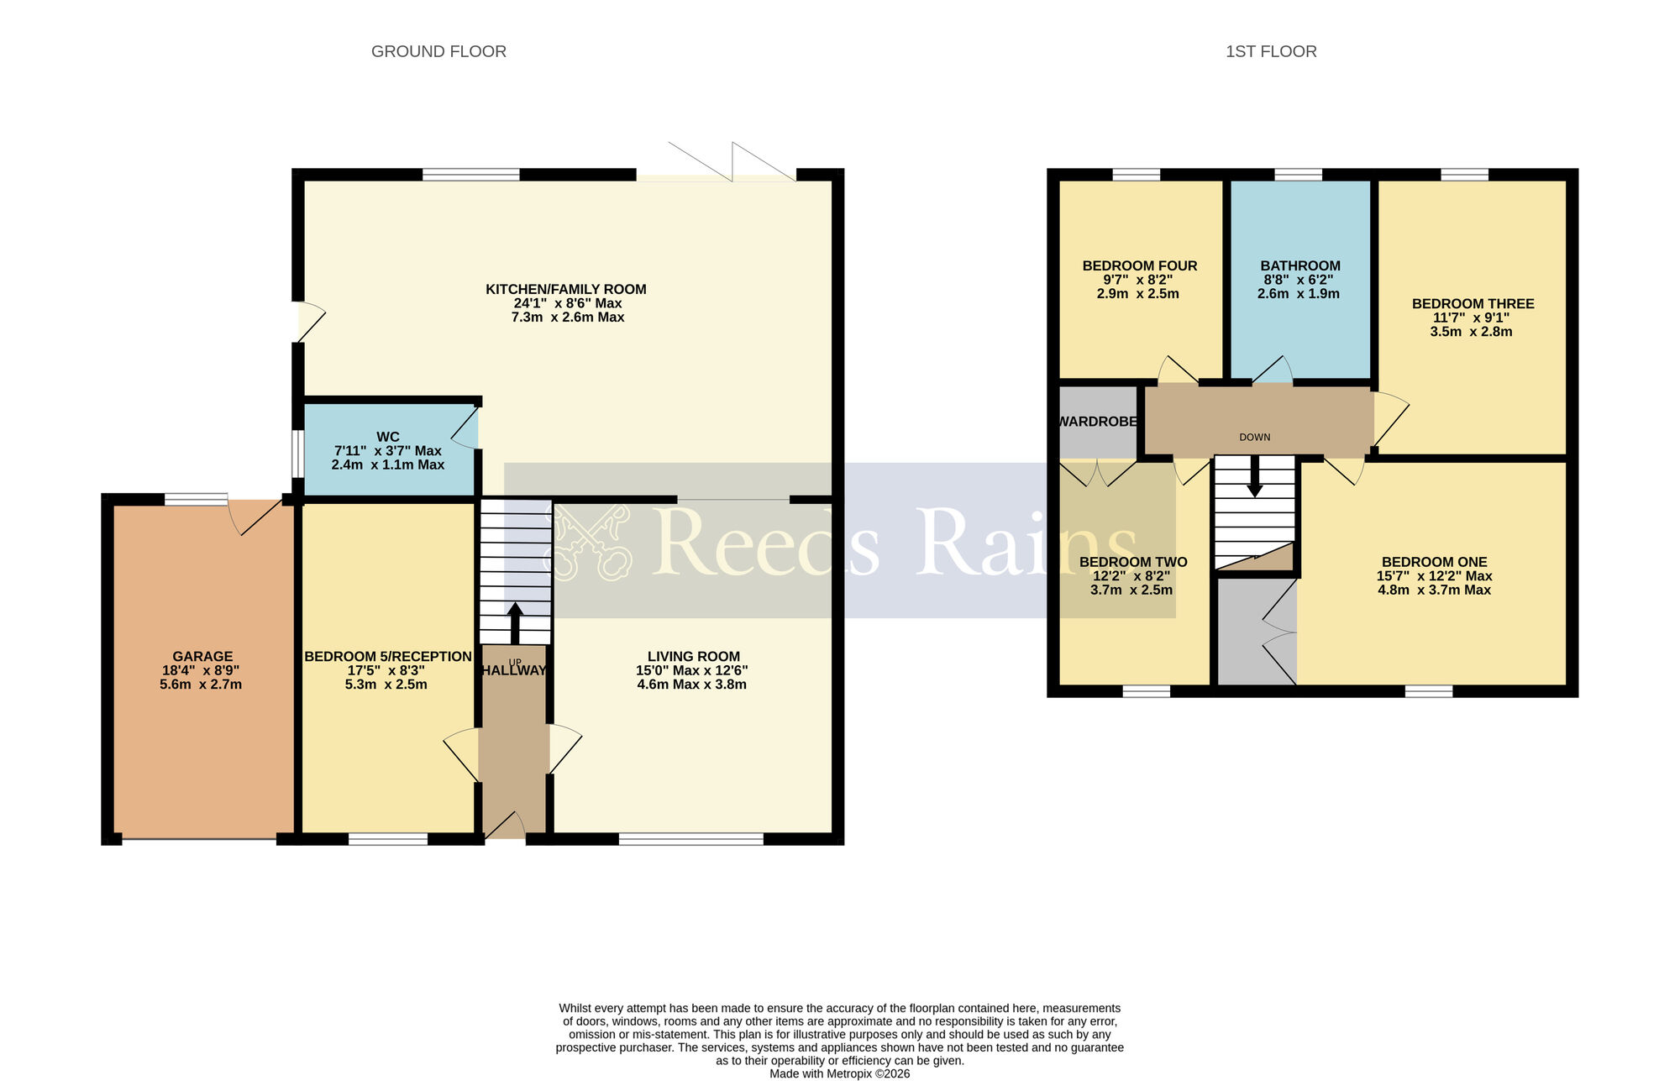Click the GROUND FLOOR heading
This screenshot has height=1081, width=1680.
[438, 51]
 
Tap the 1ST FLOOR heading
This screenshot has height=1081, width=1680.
[1271, 51]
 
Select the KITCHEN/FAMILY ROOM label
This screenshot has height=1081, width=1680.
[566, 289]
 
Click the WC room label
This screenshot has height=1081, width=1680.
[388, 437]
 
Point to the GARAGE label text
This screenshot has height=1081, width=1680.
[202, 657]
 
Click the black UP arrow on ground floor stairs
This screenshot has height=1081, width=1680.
[515, 622]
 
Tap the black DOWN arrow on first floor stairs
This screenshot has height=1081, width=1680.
[1254, 477]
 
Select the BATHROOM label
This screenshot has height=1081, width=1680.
[1300, 265]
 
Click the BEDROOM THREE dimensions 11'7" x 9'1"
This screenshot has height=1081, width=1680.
[1471, 317]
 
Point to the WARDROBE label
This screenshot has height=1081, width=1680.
[1097, 422]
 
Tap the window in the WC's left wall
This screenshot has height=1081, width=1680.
[297, 454]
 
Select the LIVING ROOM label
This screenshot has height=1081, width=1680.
[694, 657]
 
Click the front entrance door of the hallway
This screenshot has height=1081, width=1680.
[505, 827]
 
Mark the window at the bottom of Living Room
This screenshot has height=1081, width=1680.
[690, 838]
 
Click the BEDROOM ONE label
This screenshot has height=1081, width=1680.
[1434, 562]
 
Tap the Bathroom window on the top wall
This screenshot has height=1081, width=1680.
[1298, 175]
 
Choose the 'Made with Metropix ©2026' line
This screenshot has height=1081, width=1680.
[839, 1073]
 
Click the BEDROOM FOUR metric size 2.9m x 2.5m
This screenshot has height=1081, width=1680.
[1137, 294]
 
